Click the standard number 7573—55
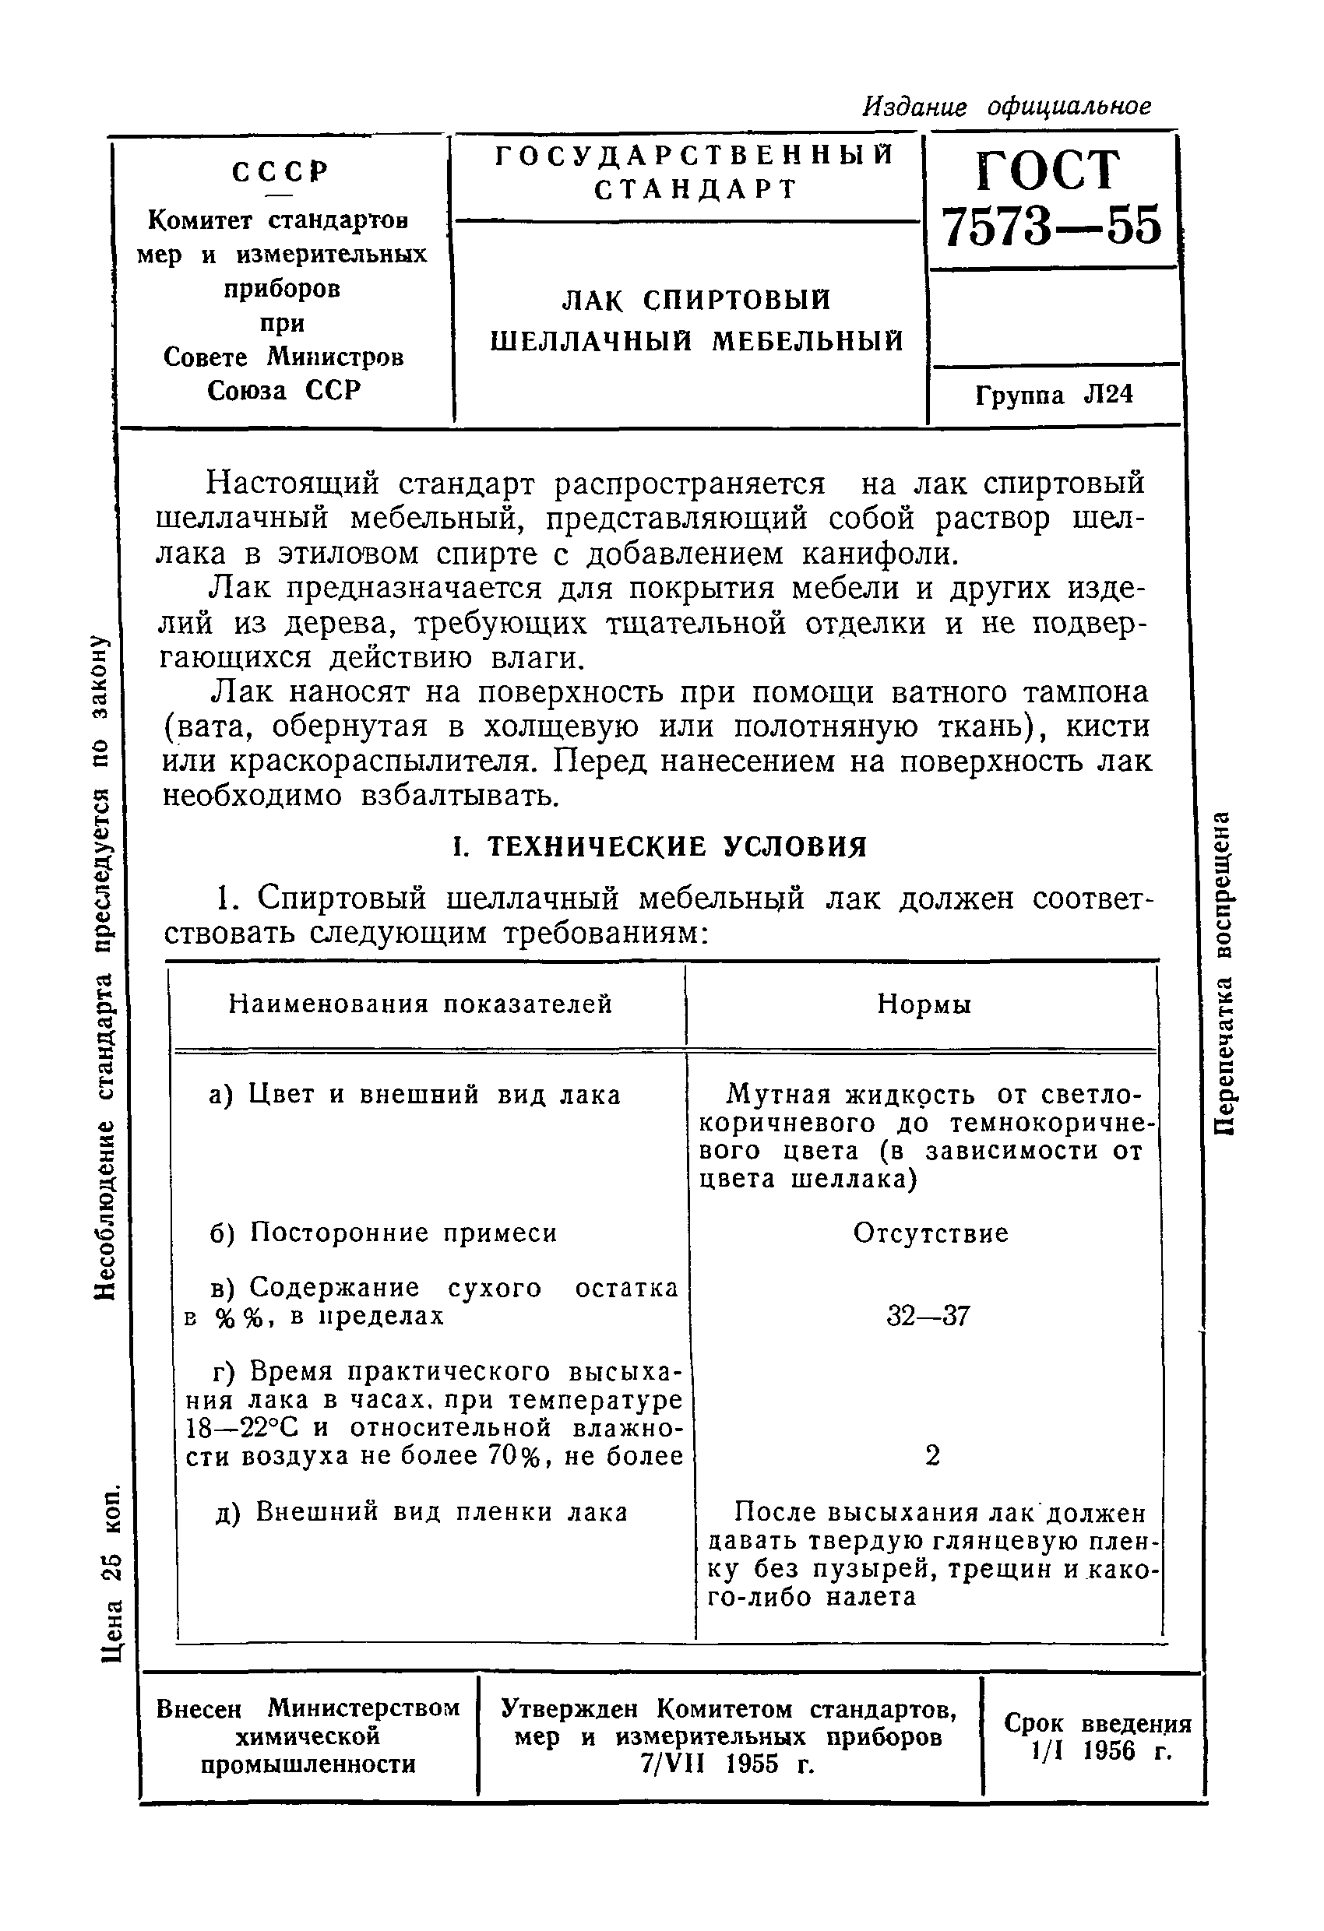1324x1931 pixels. click(1052, 226)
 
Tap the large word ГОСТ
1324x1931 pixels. click(1048, 171)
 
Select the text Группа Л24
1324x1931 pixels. click(1054, 395)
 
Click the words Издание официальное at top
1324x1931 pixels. click(1006, 107)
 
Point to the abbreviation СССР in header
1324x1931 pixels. click(280, 171)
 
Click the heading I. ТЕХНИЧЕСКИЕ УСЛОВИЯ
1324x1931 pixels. click(659, 846)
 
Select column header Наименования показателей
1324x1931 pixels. click(421, 1004)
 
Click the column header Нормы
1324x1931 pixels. click(924, 1004)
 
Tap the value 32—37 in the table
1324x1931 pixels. click(928, 1316)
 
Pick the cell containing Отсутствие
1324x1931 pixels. click(931, 1233)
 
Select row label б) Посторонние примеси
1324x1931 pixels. click(383, 1233)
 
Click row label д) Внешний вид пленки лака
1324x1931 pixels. click(421, 1511)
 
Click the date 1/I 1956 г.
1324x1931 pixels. click(1100, 1750)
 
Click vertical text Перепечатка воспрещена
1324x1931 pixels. click(1223, 973)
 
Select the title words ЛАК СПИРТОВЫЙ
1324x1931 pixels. click(696, 300)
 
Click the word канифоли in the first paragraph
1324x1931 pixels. click(880, 553)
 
